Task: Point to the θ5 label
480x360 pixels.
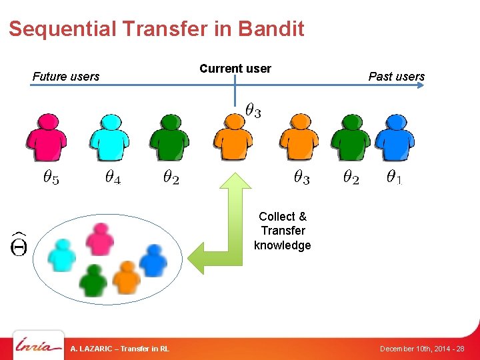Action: pos(51,177)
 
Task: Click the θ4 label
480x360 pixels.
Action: pos(113,177)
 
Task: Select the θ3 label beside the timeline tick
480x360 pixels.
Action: pos(253,111)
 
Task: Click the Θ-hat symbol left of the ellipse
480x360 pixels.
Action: pos(19,244)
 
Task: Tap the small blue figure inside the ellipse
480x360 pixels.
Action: pos(153,260)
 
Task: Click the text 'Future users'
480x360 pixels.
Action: pos(66,77)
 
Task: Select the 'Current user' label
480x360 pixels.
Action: pos(235,69)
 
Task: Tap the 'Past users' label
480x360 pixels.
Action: pos(397,77)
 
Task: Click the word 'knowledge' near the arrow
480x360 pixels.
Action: pos(282,245)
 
